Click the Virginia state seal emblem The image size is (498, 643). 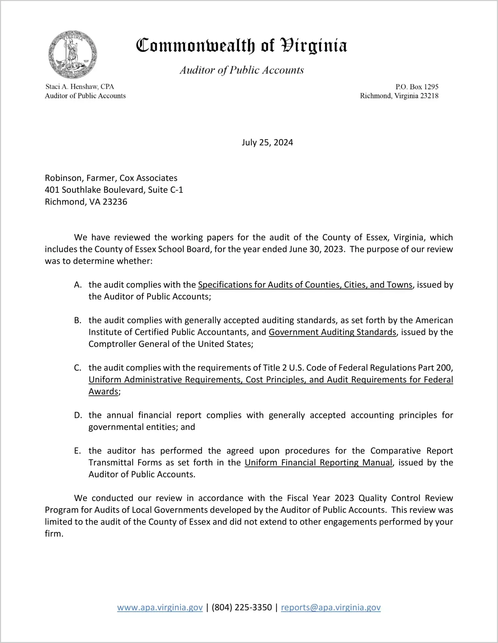pyautogui.click(x=73, y=54)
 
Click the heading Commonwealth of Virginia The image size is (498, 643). pyautogui.click(x=241, y=46)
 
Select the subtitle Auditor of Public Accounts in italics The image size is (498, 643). pyautogui.click(x=242, y=70)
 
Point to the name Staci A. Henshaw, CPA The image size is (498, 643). pyautogui.click(x=80, y=87)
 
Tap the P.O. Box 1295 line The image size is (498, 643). pyautogui.click(x=417, y=87)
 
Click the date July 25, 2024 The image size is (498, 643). pyautogui.click(x=267, y=143)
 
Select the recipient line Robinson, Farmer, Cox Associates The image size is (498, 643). pyautogui.click(x=111, y=178)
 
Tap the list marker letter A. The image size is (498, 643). pyautogui.click(x=78, y=285)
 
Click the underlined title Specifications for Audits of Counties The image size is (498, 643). pyautogui.click(x=305, y=285)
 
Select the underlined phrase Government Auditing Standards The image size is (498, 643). pyautogui.click(x=332, y=332)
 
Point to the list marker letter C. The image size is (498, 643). pyautogui.click(x=78, y=368)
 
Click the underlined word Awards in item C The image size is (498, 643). pyautogui.click(x=103, y=392)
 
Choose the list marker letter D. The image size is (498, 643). pyautogui.click(x=78, y=415)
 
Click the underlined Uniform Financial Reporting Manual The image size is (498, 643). pyautogui.click(x=318, y=463)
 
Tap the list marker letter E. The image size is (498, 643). pyautogui.click(x=78, y=451)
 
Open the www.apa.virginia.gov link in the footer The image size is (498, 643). pyautogui.click(x=160, y=607)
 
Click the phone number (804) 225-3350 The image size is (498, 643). pyautogui.click(x=242, y=607)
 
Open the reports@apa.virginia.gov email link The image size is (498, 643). pyautogui.click(x=331, y=607)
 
